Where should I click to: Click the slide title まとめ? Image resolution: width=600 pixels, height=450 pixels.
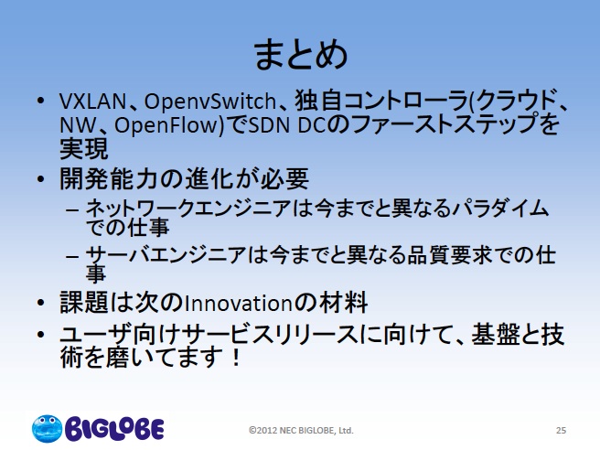(301, 55)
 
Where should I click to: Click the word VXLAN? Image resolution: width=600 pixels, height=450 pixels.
(92, 102)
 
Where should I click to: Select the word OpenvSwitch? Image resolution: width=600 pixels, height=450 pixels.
(210, 102)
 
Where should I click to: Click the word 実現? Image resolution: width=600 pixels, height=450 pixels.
(84, 149)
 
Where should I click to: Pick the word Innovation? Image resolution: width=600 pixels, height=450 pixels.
(239, 304)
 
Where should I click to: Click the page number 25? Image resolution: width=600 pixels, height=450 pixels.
(561, 431)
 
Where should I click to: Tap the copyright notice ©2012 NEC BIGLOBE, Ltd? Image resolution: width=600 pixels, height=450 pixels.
(301, 431)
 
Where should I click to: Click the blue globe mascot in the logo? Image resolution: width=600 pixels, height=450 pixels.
(47, 429)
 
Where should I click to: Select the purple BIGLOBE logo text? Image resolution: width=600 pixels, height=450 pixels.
(114, 429)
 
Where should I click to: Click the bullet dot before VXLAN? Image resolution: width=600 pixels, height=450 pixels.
(40, 101)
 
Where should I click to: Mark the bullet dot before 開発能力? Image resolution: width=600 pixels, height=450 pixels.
(40, 178)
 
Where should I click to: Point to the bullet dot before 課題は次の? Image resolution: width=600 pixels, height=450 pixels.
(40, 303)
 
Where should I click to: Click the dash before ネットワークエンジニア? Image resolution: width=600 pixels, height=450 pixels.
(72, 209)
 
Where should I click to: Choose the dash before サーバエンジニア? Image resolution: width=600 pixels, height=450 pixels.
(72, 255)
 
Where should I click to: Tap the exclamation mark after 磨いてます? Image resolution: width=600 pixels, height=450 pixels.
(236, 357)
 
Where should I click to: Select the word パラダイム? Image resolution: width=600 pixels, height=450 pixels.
(500, 209)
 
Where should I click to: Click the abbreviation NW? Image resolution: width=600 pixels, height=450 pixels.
(78, 125)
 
